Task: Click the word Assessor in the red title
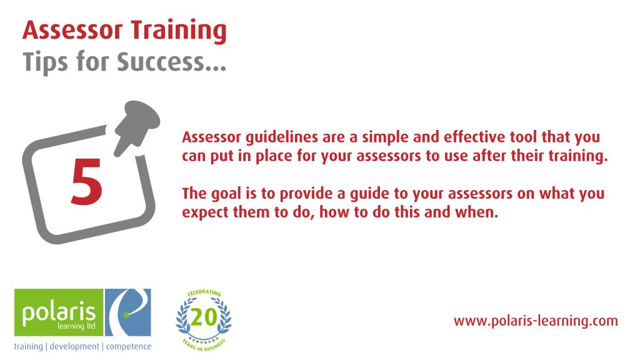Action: [x=72, y=30]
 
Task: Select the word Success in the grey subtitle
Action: [x=161, y=62]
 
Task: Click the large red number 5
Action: [x=86, y=181]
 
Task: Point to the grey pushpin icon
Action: [x=136, y=125]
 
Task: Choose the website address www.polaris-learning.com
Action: [x=536, y=321]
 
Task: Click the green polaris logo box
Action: [x=59, y=312]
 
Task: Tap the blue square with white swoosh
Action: [x=127, y=312]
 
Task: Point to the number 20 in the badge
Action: [x=204, y=317]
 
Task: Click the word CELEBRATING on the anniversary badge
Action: [x=204, y=292]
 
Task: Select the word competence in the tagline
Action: [x=129, y=346]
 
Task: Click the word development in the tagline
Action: [x=74, y=346]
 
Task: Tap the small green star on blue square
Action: [x=126, y=314]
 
